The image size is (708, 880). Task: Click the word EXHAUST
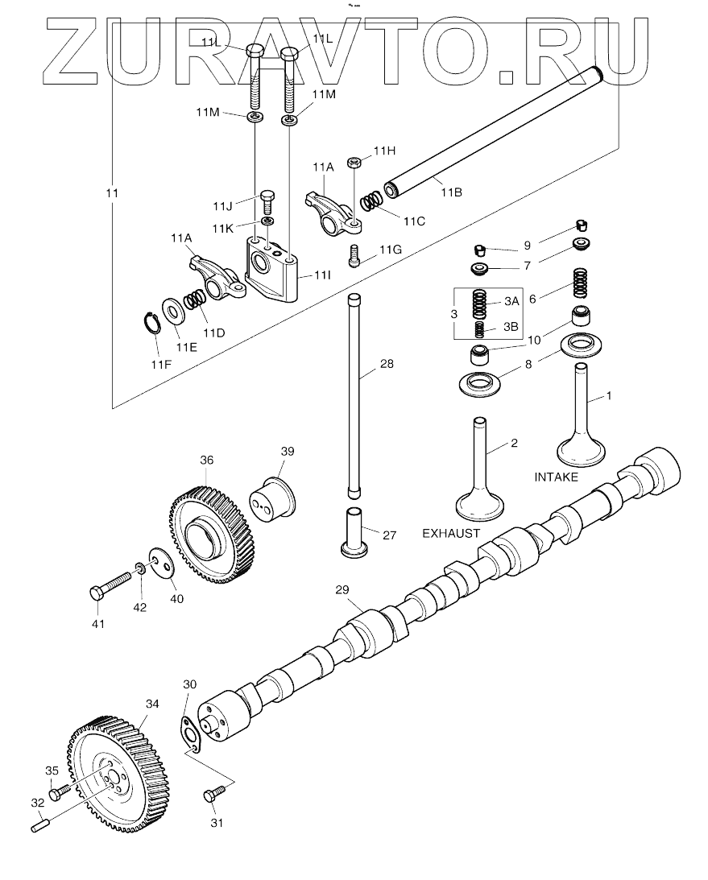tap(451, 533)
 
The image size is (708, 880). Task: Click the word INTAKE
tap(556, 477)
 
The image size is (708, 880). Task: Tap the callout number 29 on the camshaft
tap(342, 590)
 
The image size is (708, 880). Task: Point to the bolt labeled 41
tap(110, 584)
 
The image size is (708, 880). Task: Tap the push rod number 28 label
tap(387, 364)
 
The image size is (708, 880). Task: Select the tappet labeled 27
tap(354, 532)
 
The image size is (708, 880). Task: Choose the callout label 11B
tap(451, 192)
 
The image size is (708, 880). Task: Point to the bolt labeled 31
tap(214, 794)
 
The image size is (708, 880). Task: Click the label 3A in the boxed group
tap(511, 301)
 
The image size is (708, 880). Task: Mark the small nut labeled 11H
tap(354, 163)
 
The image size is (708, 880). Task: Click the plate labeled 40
tap(162, 564)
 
